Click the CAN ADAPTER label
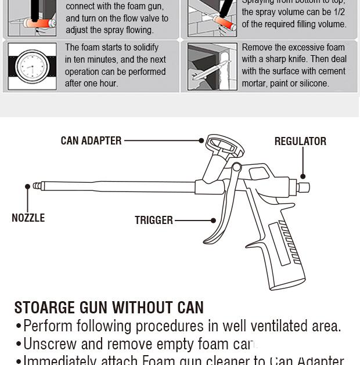click(x=91, y=140)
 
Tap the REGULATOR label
click(x=300, y=141)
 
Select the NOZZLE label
click(x=28, y=218)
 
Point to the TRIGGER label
click(x=154, y=220)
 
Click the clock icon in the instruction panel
click(x=32, y=66)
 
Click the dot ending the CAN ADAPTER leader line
click(x=201, y=140)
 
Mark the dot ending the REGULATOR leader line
click(x=303, y=176)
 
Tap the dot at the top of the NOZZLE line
click(x=27, y=186)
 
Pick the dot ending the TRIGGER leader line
click(x=214, y=221)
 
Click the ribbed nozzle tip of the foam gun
click(x=38, y=186)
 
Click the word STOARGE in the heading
click(x=44, y=308)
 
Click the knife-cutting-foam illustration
click(x=212, y=66)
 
